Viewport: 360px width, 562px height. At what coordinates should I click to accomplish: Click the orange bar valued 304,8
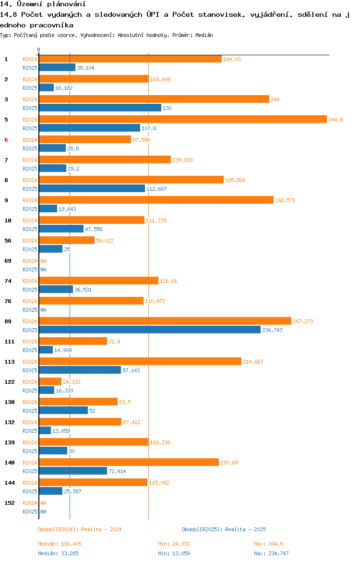click(x=182, y=119)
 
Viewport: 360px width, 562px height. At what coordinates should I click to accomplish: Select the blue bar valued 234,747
click(x=150, y=330)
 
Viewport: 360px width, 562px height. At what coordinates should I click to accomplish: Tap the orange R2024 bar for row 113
click(x=140, y=361)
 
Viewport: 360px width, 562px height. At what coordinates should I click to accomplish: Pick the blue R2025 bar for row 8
click(x=92, y=188)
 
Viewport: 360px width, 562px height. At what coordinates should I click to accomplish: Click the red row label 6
click(x=6, y=139)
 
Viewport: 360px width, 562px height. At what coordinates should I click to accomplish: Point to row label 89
click(x=8, y=321)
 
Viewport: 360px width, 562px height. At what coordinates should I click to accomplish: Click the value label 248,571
click(x=285, y=200)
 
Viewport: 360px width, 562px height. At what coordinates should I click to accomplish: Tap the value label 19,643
click(x=67, y=209)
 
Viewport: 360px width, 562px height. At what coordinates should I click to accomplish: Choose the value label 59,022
click(x=105, y=241)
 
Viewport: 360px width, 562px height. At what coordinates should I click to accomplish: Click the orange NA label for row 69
click(x=43, y=261)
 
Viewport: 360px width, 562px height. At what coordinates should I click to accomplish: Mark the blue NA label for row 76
click(x=43, y=310)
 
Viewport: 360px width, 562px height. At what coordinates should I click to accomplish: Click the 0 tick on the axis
click(x=39, y=49)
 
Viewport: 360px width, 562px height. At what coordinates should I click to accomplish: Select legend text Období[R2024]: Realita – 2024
click(x=80, y=529)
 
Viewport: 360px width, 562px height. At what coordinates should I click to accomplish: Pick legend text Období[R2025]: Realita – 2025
click(x=224, y=529)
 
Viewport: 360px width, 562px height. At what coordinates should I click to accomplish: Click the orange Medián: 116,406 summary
click(x=60, y=544)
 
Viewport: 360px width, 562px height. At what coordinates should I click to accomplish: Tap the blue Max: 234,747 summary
click(x=271, y=553)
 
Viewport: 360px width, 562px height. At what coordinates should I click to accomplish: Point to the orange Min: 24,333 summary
click(x=174, y=544)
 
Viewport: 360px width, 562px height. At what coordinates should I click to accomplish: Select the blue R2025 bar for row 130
click(x=63, y=410)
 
